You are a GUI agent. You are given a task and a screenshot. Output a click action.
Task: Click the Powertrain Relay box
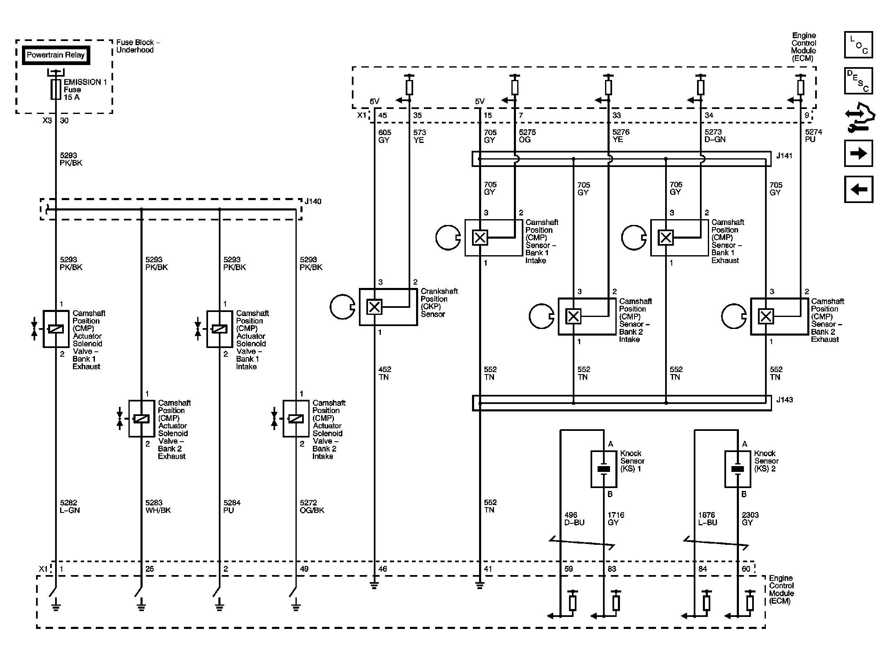coord(56,55)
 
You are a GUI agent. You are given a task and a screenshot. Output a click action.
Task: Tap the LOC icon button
coord(859,45)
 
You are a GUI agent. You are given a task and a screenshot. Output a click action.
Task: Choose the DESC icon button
coord(859,81)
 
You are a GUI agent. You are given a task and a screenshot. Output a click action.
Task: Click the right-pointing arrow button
coord(859,153)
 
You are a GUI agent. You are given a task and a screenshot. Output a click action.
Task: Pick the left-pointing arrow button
coord(859,189)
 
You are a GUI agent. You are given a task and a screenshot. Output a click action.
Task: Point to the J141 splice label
coord(784,156)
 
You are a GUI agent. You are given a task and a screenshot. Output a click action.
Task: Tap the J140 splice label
coord(313,201)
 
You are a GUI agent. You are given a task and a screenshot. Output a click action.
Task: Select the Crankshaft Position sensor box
coord(388,307)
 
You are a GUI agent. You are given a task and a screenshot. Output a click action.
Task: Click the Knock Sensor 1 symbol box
coord(604,469)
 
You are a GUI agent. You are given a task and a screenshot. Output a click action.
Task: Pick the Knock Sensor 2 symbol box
coord(738,469)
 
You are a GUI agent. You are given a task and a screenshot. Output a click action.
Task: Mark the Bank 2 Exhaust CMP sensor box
coord(780,317)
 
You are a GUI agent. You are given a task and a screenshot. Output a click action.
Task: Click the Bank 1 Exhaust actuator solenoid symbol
coord(56,329)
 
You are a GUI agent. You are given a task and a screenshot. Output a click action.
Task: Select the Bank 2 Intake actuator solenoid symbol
coord(296,418)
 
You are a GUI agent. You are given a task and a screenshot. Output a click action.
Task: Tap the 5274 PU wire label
coord(814,136)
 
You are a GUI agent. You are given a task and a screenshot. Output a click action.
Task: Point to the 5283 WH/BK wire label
coord(158,506)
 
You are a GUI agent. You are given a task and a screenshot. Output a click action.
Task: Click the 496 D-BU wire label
coord(574,519)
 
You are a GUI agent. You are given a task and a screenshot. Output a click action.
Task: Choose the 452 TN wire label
coord(385,373)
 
